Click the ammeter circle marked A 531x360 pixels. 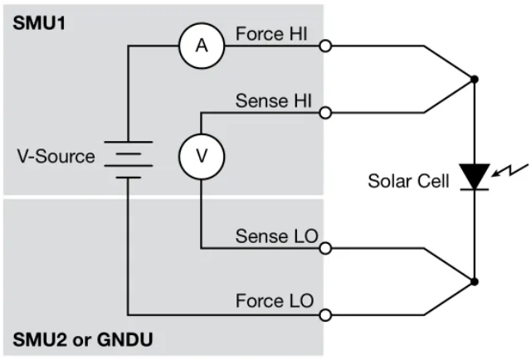click(201, 46)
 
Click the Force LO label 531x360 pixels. click(274, 300)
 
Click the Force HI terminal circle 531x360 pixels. click(327, 46)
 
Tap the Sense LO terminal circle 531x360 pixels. click(327, 248)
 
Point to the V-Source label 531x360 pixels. click(54, 156)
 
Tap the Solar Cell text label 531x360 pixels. click(408, 180)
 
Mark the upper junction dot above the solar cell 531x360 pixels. click(474, 80)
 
